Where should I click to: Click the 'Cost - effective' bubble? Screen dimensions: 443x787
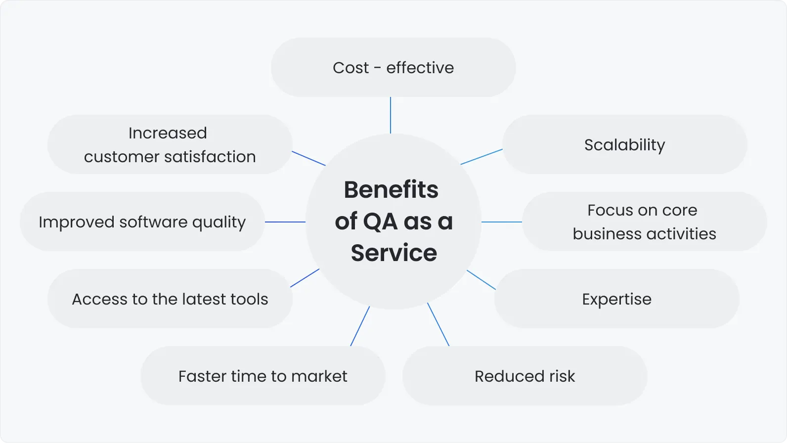click(393, 67)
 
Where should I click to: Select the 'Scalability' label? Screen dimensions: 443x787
click(624, 145)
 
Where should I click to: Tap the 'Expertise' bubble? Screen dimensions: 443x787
click(616, 299)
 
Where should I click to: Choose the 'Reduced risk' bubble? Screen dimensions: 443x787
click(525, 376)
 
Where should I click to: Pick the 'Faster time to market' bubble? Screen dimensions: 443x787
click(262, 376)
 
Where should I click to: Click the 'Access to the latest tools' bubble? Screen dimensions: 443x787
click(170, 299)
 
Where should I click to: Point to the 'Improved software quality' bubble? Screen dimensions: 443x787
click(142, 222)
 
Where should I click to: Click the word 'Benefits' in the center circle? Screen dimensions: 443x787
click(391, 189)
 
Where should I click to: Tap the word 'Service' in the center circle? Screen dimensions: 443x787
click(394, 253)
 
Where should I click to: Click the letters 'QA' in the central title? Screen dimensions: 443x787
click(380, 221)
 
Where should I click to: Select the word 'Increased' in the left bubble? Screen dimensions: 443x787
click(168, 133)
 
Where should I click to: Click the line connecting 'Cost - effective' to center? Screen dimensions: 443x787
click(391, 115)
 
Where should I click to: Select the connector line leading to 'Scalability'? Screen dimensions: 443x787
click(481, 157)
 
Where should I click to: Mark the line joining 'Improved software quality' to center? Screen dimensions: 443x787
click(285, 222)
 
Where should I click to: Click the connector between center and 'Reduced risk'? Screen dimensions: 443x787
click(438, 324)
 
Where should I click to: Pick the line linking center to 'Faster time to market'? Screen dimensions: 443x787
click(360, 326)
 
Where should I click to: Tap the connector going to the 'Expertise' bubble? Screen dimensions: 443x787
click(481, 280)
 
